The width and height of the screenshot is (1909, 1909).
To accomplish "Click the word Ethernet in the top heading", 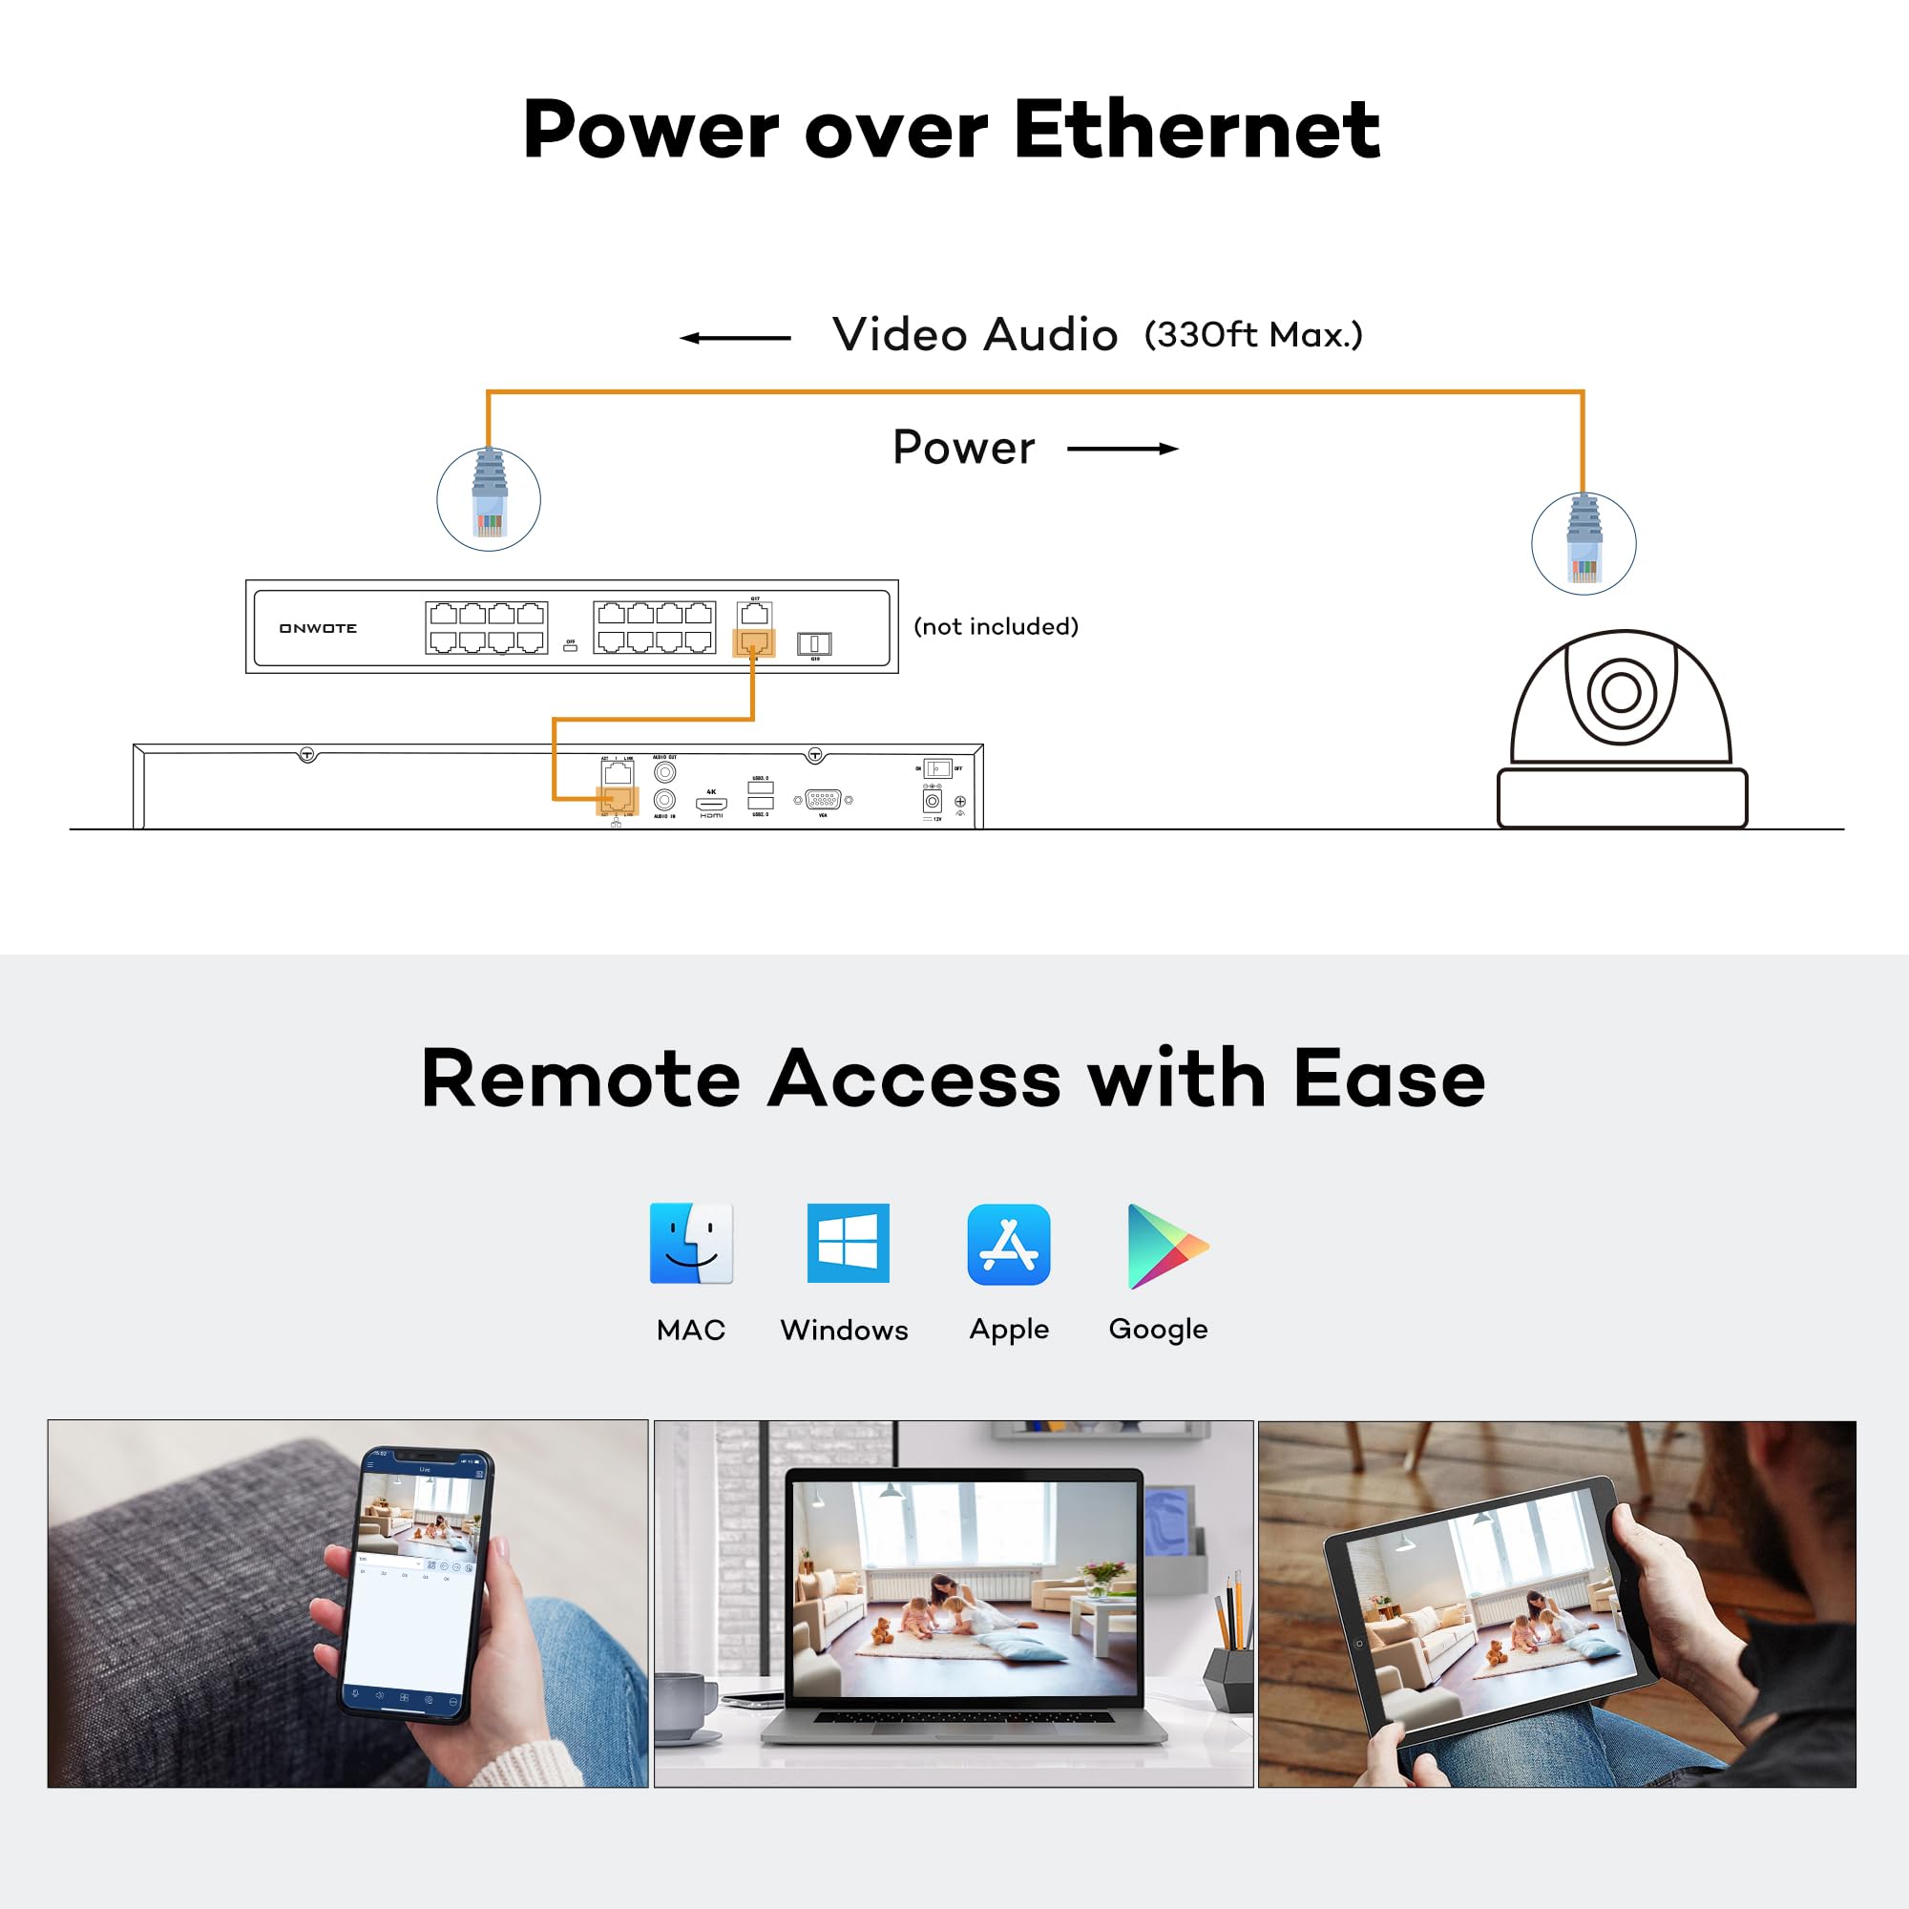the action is click(1196, 130).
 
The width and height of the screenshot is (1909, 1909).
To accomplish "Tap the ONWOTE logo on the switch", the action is click(317, 628).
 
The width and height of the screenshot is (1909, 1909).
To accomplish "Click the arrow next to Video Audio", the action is click(735, 338).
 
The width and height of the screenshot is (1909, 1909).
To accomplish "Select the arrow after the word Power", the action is click(1122, 449).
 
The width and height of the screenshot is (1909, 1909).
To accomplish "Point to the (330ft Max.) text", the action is click(1253, 335).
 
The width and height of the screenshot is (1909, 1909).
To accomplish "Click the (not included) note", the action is click(996, 626).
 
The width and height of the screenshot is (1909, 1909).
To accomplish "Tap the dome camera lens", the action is click(1621, 692).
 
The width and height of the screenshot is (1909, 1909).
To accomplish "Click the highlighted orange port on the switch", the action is click(754, 643).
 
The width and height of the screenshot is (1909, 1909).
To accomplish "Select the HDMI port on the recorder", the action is click(711, 804).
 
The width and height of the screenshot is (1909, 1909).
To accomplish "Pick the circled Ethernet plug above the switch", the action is click(489, 499).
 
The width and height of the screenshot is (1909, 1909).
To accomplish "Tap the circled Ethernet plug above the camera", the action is click(1584, 543).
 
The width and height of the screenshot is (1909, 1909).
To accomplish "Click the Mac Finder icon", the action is click(691, 1243).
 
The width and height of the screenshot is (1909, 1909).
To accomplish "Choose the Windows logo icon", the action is click(848, 1243).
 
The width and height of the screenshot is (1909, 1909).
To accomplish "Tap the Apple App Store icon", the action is click(1009, 1244).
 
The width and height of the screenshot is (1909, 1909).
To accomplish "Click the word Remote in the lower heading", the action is click(580, 1079).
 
